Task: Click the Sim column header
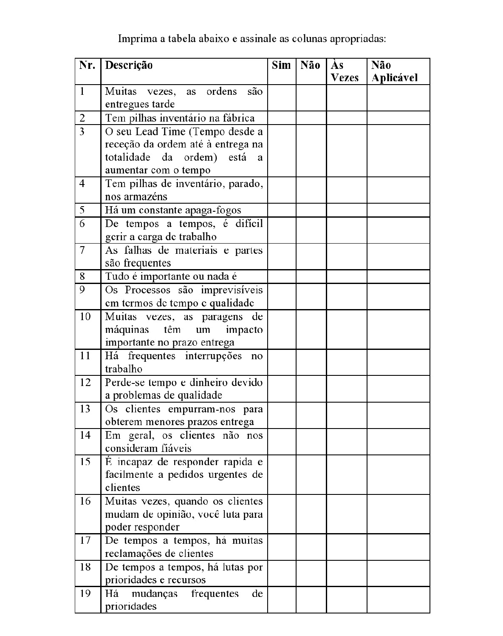point(281,65)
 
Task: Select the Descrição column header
point(129,65)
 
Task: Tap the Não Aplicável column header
point(394,71)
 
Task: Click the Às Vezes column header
point(345,71)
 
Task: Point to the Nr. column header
point(88,65)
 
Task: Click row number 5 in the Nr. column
point(82,210)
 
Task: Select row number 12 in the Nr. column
point(85,382)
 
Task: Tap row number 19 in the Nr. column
point(85,593)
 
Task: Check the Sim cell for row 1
point(282,98)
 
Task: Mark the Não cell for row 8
point(311,276)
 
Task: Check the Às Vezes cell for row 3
point(347,150)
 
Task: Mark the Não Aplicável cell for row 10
point(398,329)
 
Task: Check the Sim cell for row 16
point(282,514)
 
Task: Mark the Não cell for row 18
point(311,573)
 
